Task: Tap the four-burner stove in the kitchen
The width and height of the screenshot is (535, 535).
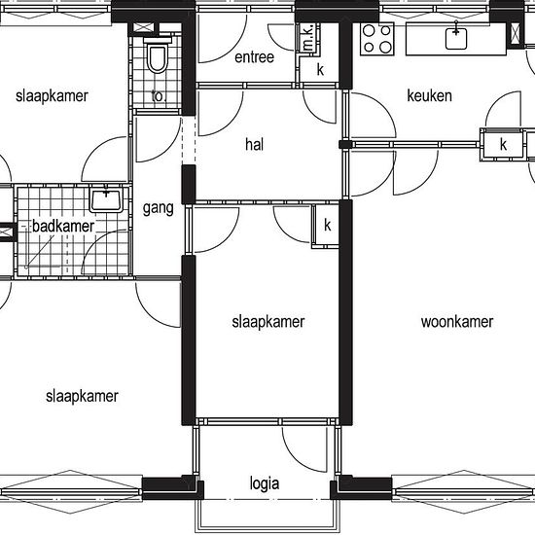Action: (377, 39)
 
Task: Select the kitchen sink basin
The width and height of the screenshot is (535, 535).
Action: (456, 39)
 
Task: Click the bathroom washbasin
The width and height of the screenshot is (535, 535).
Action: (106, 200)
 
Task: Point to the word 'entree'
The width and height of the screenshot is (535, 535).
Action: (254, 57)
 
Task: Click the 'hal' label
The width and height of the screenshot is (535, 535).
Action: (254, 144)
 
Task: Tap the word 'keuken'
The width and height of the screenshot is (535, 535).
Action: (430, 95)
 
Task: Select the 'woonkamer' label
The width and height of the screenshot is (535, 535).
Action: (457, 322)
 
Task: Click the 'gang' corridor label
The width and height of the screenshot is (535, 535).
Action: (158, 208)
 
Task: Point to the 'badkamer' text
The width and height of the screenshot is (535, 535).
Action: (63, 227)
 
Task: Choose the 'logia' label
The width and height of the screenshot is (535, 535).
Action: (265, 483)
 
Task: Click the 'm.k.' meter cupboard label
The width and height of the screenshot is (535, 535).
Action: (308, 38)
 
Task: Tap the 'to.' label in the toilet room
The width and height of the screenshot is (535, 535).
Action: (158, 96)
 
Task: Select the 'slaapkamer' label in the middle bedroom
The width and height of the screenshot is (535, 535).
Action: (268, 322)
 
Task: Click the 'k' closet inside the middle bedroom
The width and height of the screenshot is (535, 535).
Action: (327, 225)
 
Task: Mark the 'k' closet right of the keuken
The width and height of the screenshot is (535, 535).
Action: (503, 144)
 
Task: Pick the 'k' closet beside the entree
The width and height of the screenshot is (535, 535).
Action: (320, 69)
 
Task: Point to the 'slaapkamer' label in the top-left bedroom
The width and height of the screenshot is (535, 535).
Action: (52, 96)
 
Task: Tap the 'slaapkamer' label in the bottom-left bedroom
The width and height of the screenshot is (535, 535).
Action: (82, 397)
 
